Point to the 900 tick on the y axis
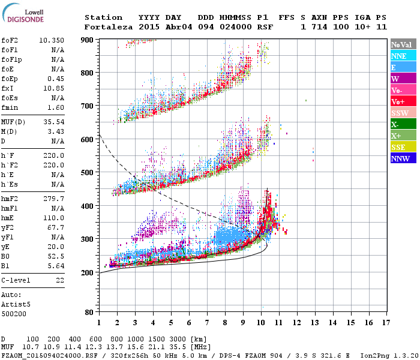(x=88, y=40)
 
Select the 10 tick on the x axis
(x=261, y=323)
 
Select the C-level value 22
(x=60, y=280)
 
